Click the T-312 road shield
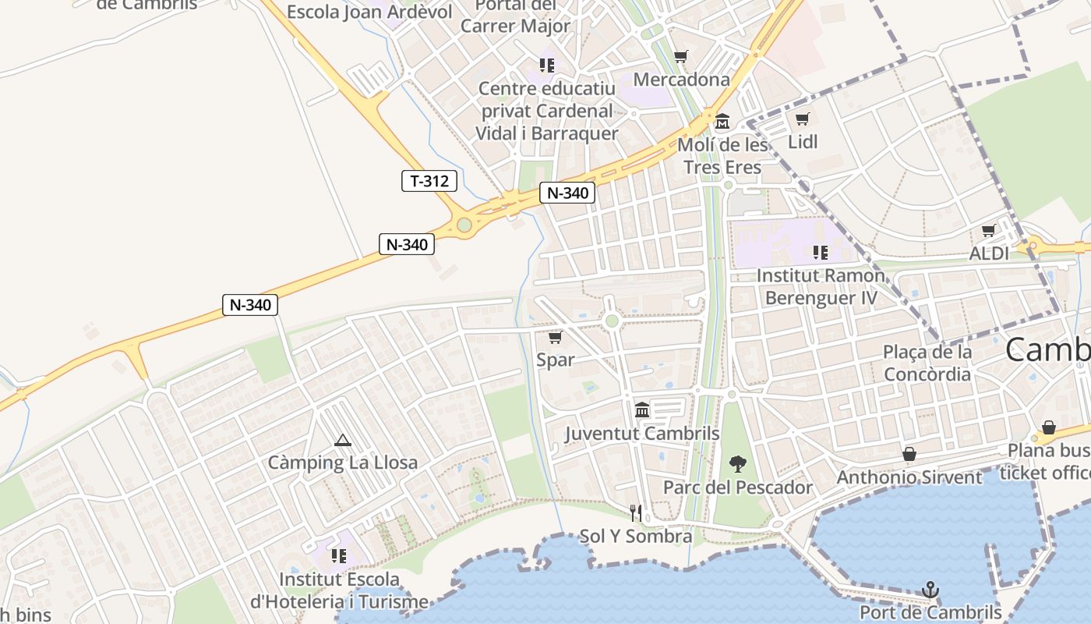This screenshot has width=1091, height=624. pos(429,181)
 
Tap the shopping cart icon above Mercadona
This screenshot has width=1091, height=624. pos(681,56)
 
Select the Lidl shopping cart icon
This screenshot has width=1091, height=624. pos(802,119)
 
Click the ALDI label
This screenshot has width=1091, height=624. pos(989,253)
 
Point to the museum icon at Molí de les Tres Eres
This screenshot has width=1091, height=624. pos(722,121)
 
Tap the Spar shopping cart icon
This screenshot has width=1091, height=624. pos(555,337)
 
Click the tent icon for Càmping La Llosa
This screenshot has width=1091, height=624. pos(342,441)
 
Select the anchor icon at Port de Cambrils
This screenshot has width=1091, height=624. pos(930,590)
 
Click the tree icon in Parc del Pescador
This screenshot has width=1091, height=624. pos(737,465)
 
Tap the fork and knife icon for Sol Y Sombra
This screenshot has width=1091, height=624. pos(636,512)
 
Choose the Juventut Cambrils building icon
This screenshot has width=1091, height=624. pos(642,409)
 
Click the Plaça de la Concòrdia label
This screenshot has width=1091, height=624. pos(927,363)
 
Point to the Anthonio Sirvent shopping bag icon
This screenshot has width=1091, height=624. pos(909,453)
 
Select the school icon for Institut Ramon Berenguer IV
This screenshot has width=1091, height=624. pos(820,252)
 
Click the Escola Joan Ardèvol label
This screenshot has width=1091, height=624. pos(369,12)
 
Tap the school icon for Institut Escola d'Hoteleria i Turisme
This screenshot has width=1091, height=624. pos(338,555)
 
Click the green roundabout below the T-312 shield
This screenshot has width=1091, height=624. pos(464,225)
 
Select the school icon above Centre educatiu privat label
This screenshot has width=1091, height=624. pos(546,65)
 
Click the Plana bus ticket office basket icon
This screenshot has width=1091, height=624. pos(1049,427)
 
